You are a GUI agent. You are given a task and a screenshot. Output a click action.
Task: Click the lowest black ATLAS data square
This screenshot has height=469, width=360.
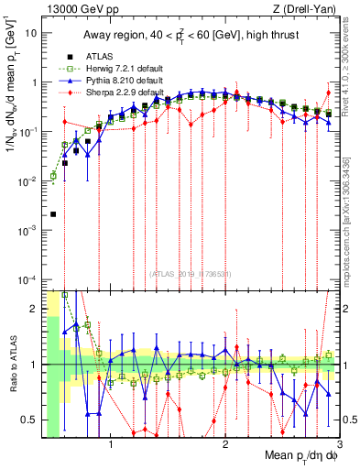[x=53, y=214]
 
